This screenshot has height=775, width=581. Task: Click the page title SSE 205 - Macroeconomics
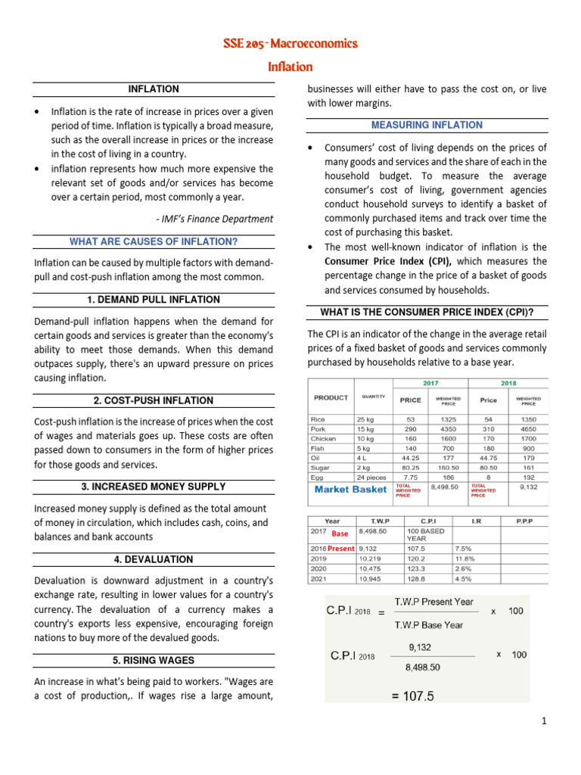[x=290, y=43]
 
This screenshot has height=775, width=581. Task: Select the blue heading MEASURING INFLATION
[x=427, y=125]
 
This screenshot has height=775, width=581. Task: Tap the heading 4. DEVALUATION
[x=154, y=560]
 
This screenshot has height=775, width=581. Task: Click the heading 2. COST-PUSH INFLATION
[x=154, y=401]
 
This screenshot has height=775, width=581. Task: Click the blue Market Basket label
[x=350, y=489]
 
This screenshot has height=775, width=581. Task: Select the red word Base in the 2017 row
[x=340, y=534]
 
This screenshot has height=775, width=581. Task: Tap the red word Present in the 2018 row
[x=340, y=549]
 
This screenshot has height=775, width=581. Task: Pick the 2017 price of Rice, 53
[x=411, y=419]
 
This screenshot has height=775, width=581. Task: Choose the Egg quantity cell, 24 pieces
[x=371, y=478]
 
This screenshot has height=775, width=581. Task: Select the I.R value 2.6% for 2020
[x=464, y=569]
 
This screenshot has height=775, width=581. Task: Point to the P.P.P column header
[x=522, y=521]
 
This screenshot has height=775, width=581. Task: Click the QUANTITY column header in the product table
[x=373, y=396]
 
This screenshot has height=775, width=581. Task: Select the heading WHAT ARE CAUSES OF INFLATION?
[x=154, y=242]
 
